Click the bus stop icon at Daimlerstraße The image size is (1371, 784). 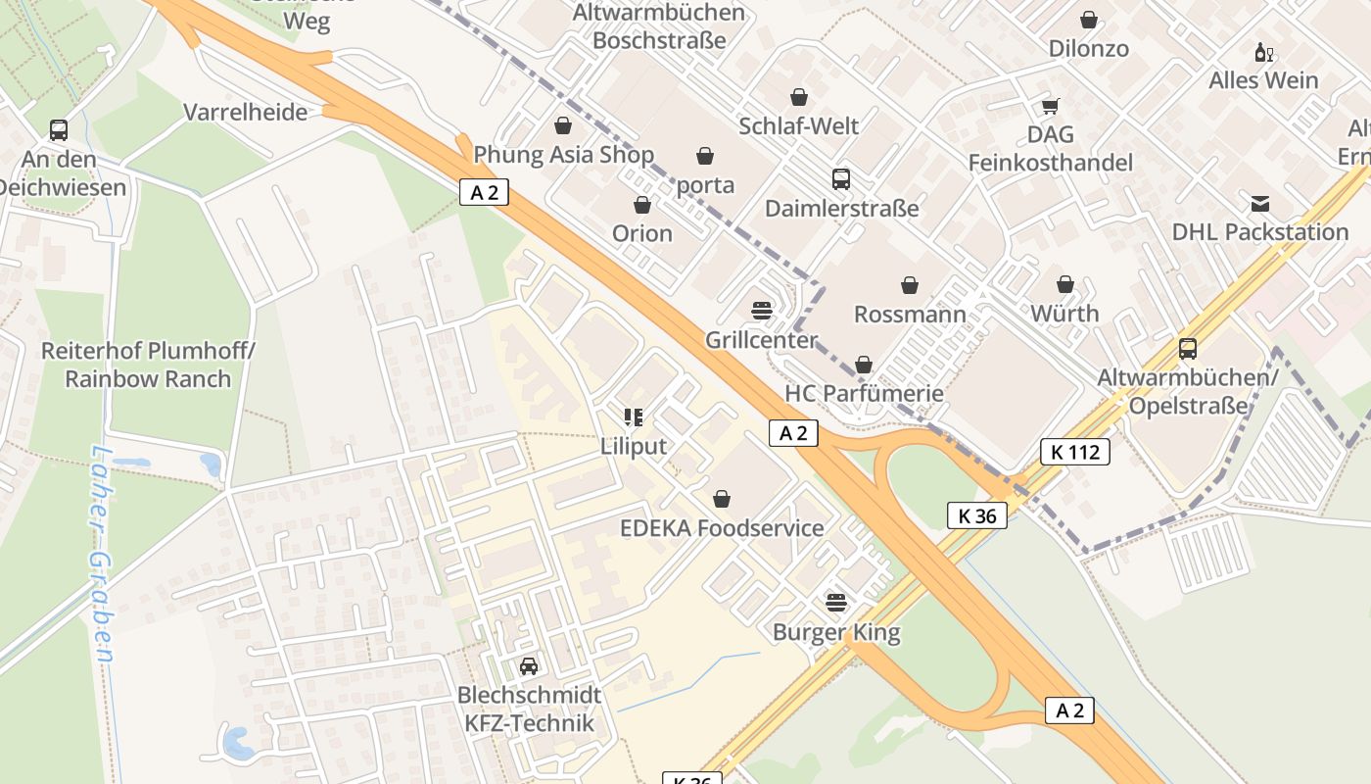point(840,179)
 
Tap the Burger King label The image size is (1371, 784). point(836,631)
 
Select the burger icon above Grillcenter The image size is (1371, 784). point(762,311)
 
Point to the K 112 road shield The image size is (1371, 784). point(1074,452)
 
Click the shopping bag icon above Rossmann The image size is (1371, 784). point(910,285)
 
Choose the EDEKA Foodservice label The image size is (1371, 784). point(722,528)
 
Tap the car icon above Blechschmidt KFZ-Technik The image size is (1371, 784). point(529,666)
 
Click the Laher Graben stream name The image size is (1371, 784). point(102,554)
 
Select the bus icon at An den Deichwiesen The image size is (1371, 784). point(59,130)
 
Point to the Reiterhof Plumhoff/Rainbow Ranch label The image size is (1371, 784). point(148,365)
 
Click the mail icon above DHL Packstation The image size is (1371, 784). point(1259,204)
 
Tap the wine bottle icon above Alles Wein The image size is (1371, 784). point(1263,52)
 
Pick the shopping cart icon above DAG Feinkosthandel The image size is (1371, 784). point(1050,107)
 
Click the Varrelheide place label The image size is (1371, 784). point(246,112)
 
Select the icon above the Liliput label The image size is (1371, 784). point(633,417)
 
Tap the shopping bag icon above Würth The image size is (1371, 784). point(1065,285)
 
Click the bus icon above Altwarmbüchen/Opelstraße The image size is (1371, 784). point(1187,349)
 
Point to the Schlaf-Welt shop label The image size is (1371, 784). point(799,125)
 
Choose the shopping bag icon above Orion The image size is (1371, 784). point(642,205)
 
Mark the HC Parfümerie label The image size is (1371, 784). point(864,393)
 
